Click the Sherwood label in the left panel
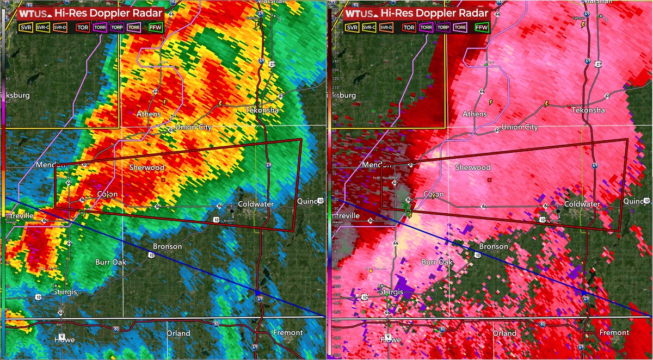[x=146, y=167]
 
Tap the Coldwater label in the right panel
[x=582, y=204]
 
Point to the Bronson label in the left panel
[x=168, y=246]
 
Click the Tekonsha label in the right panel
[x=588, y=110]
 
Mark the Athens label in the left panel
[x=149, y=114]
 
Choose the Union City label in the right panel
[x=519, y=127]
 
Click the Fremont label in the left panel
[x=288, y=332]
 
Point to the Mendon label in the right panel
[x=373, y=165]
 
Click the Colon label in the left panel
[x=108, y=194]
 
